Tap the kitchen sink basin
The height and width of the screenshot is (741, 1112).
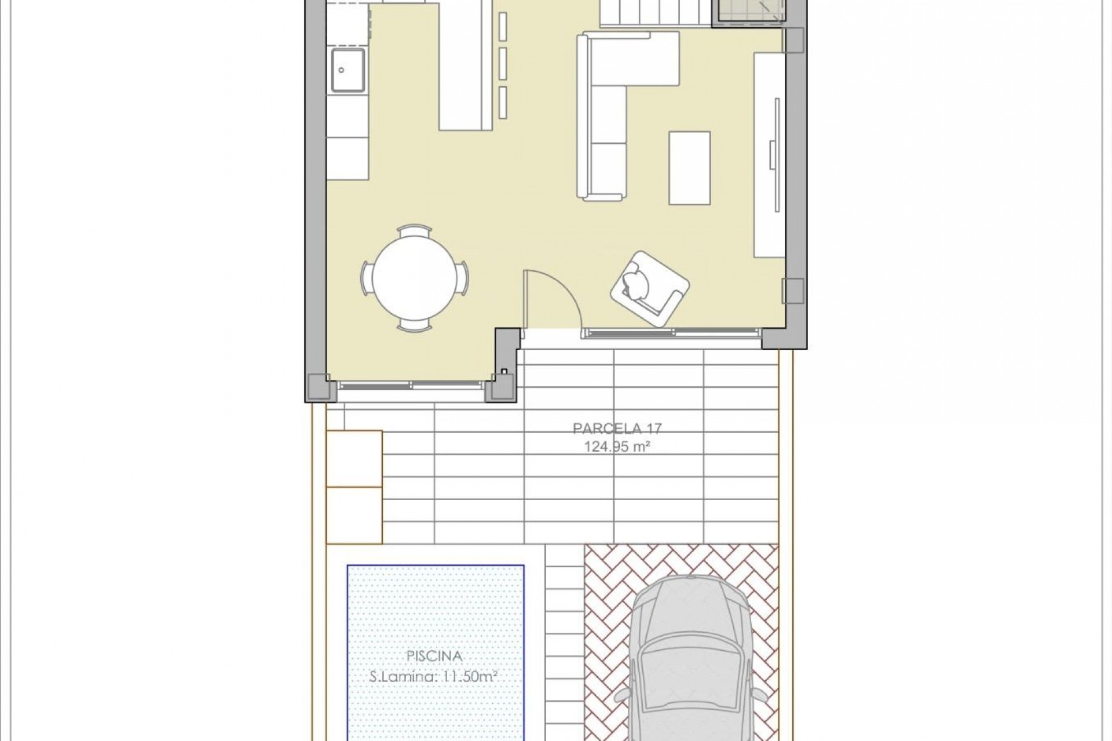click(348, 70)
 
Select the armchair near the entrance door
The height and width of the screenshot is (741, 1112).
click(649, 289)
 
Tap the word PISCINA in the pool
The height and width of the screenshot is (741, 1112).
click(434, 656)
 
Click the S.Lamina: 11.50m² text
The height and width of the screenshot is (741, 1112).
click(434, 676)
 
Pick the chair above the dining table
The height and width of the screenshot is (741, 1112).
click(415, 230)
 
